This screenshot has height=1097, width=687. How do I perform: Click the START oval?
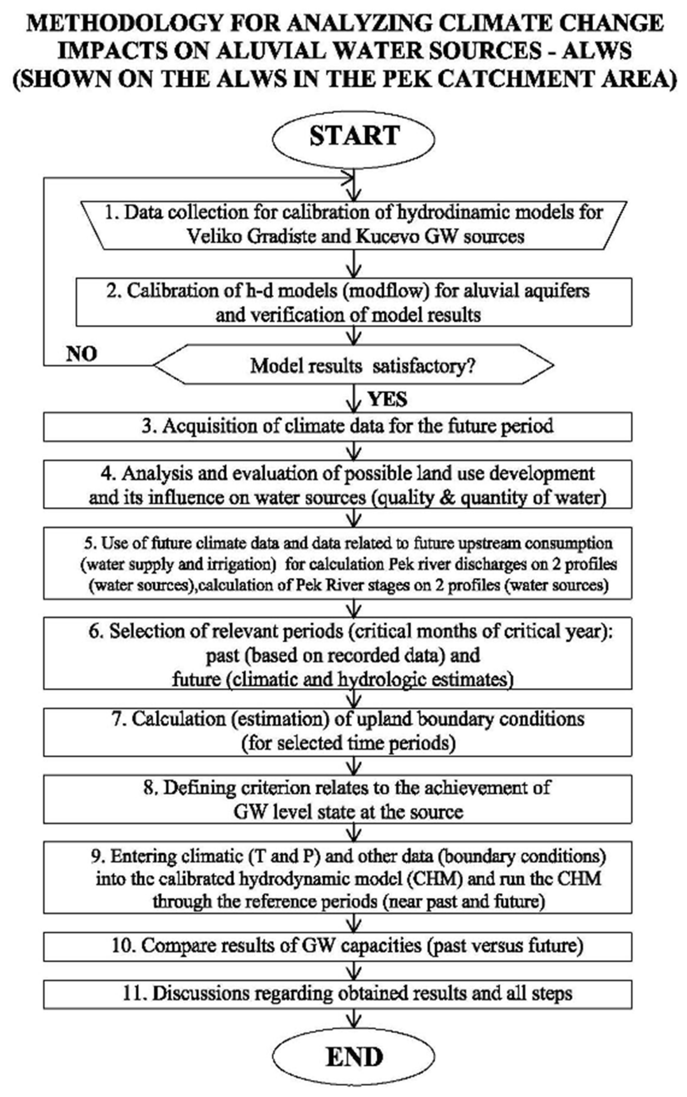pyautogui.click(x=354, y=137)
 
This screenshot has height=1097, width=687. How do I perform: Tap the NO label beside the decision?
pyautogui.click(x=81, y=354)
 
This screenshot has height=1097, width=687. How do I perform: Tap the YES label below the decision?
pyautogui.click(x=387, y=399)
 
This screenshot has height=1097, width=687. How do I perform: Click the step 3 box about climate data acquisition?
pyautogui.click(x=338, y=426)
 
